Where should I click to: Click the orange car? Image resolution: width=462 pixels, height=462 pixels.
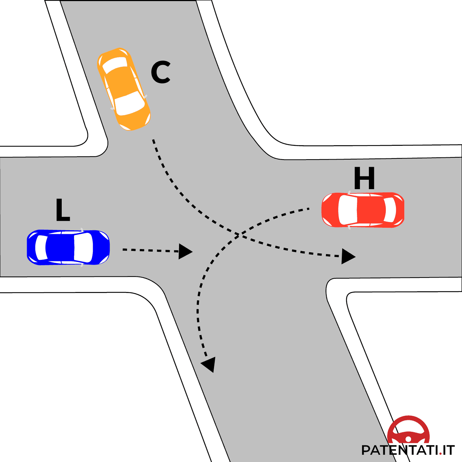[123, 89]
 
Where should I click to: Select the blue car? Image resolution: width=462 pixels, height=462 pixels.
[68, 247]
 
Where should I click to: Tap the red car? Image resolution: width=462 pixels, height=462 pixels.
[363, 210]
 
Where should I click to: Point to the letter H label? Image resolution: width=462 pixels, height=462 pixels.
[364, 179]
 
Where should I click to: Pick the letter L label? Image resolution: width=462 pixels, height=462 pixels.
[62, 210]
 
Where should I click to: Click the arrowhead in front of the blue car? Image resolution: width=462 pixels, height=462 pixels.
[184, 251]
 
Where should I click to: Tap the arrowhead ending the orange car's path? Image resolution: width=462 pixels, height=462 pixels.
[348, 256]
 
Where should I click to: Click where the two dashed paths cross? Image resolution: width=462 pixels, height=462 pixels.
[238, 235]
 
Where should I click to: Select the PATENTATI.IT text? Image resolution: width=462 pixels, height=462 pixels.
[408, 450]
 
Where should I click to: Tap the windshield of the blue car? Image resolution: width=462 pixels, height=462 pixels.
[84, 248]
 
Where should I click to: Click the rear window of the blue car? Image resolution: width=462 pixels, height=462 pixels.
[41, 247]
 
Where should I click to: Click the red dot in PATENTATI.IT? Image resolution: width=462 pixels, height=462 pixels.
[440, 453]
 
